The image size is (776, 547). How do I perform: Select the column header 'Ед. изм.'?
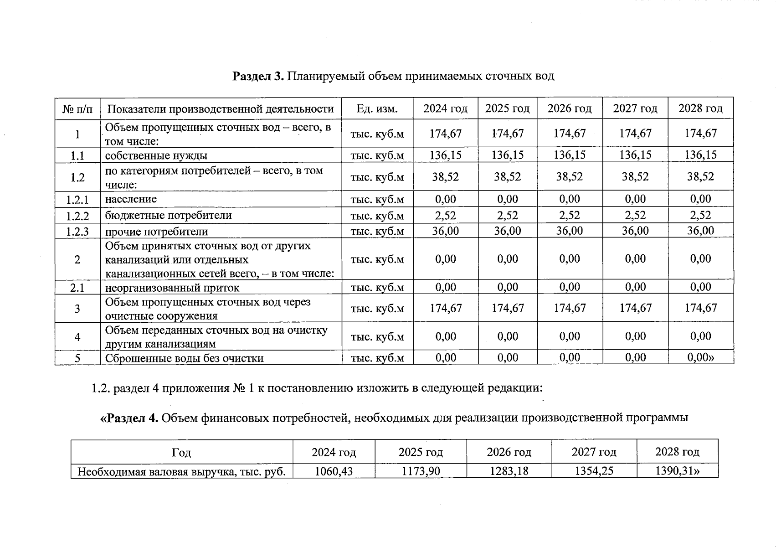click(377, 109)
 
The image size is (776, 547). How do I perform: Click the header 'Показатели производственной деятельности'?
click(221, 109)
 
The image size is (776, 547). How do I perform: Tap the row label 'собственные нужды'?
click(156, 155)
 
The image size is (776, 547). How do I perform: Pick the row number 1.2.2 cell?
click(77, 216)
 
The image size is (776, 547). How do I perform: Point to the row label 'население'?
click(131, 199)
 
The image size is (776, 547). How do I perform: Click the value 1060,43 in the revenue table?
click(334, 471)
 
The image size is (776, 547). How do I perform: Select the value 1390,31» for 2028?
click(677, 471)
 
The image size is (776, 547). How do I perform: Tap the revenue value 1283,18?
click(509, 471)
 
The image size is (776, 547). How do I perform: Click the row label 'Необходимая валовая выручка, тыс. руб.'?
click(182, 471)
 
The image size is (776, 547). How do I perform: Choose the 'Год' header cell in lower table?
click(181, 453)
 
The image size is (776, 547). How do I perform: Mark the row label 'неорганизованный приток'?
click(172, 288)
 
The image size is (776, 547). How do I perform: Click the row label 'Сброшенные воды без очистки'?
click(185, 358)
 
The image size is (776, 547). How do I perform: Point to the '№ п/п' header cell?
click(77, 109)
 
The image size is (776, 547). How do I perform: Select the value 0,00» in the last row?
click(701, 357)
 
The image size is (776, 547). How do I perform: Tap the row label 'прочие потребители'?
click(157, 232)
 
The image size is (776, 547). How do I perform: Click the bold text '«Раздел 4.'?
click(129, 418)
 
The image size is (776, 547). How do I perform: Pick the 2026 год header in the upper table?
click(570, 108)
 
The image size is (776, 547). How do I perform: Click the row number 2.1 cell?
click(77, 288)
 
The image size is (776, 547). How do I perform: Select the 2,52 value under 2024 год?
click(445, 215)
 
